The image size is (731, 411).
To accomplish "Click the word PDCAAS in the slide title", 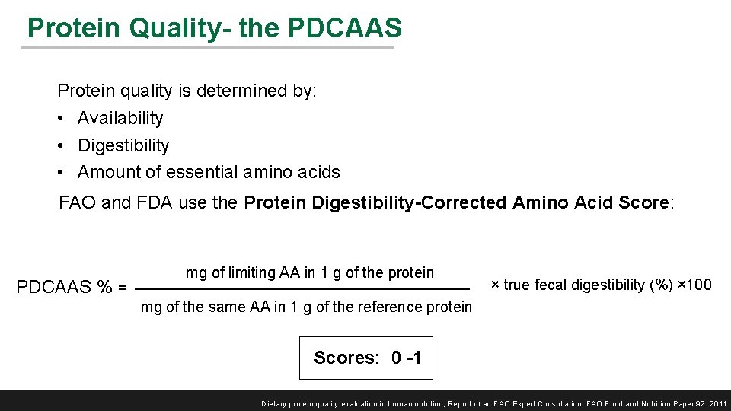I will click(345, 28).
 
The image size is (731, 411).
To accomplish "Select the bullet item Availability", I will click(120, 118).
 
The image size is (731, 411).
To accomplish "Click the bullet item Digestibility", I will click(123, 145).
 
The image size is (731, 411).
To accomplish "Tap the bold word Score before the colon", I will click(639, 202).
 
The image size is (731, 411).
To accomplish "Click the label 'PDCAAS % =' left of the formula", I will click(72, 288).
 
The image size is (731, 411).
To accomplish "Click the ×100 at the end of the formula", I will click(694, 285).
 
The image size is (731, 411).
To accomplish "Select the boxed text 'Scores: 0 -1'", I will click(366, 358).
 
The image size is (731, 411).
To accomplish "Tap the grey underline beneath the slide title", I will click(207, 49).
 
